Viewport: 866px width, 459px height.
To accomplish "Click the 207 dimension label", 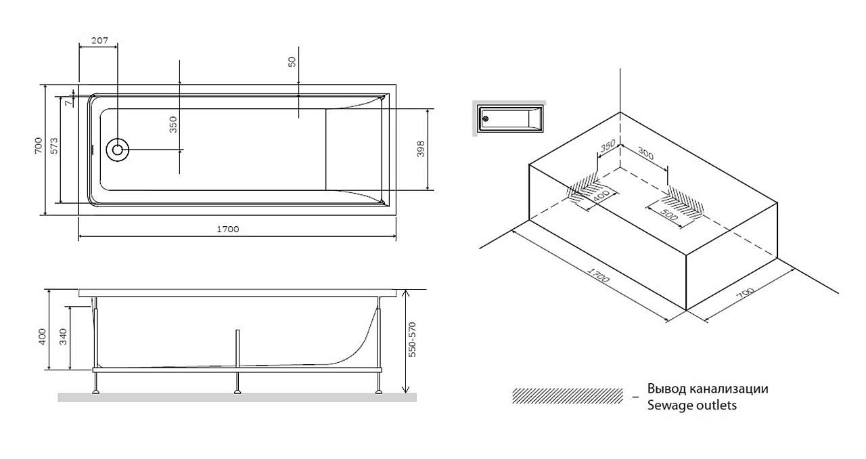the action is [x=99, y=40].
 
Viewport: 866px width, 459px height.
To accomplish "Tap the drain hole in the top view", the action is [x=118, y=150].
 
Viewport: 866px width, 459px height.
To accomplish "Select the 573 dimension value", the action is [x=54, y=146].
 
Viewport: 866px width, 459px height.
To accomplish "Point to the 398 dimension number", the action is [x=421, y=149].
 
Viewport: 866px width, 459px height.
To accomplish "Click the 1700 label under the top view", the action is [x=228, y=229].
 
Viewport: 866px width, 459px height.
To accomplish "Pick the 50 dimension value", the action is [x=292, y=62].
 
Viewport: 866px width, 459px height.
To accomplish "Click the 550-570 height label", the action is [x=412, y=339].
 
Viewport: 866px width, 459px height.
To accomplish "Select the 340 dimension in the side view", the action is [x=64, y=336].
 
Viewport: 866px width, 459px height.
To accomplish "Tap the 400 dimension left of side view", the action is [x=43, y=336].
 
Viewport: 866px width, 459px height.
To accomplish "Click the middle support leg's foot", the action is [x=237, y=392].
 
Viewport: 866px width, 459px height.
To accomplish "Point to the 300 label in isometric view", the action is [x=645, y=154].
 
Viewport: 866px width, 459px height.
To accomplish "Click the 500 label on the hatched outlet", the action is [x=669, y=215].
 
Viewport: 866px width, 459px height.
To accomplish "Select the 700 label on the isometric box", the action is [x=745, y=294].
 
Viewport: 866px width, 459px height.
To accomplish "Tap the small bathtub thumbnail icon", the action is [x=509, y=118].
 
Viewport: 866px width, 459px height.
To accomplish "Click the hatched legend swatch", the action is [x=568, y=396].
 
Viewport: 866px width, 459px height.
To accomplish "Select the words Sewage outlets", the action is [x=691, y=406].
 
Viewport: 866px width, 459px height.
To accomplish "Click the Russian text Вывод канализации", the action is [x=708, y=389].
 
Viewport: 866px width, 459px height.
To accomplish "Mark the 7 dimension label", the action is [x=69, y=103].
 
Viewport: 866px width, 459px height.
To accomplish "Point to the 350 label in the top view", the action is [x=173, y=125].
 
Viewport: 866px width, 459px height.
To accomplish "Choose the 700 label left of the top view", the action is [x=39, y=146].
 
